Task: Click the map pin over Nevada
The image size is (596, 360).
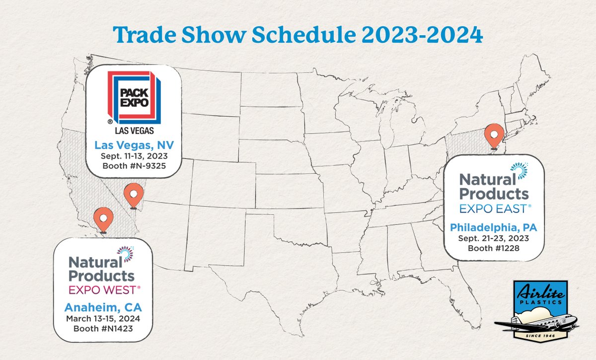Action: [x=133, y=195]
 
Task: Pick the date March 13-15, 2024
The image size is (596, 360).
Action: [x=103, y=318]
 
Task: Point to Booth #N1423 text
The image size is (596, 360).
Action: [x=103, y=328]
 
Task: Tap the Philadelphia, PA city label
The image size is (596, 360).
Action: [x=494, y=228]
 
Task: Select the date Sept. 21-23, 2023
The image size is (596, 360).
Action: [x=494, y=238]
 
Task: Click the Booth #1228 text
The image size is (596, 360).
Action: [x=494, y=247]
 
